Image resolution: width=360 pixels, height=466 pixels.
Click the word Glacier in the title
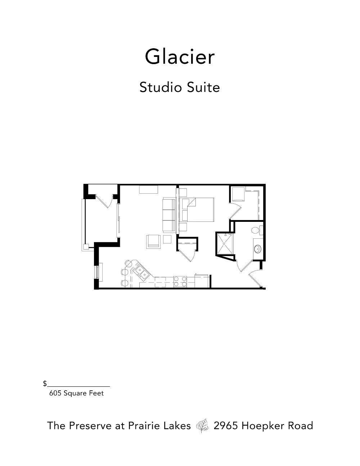coord(180,57)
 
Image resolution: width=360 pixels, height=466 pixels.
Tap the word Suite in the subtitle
coord(203,88)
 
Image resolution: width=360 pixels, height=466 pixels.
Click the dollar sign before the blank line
coord(45,383)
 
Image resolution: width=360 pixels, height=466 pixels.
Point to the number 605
coord(55,393)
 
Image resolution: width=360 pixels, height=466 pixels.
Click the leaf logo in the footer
coord(202,426)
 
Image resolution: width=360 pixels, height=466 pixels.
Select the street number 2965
coord(226,426)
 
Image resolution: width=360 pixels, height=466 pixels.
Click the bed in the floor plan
coord(198,210)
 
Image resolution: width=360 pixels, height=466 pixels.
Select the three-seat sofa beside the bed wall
coord(169,215)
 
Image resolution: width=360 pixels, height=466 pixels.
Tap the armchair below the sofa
coord(153,242)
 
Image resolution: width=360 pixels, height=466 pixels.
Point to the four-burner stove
coord(180,282)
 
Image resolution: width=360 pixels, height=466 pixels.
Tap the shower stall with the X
coord(225,244)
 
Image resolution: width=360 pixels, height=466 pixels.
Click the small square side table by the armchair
coord(167,239)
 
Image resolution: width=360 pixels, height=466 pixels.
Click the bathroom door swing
coord(244,266)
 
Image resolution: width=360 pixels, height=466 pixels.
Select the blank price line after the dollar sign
coord(78,386)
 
